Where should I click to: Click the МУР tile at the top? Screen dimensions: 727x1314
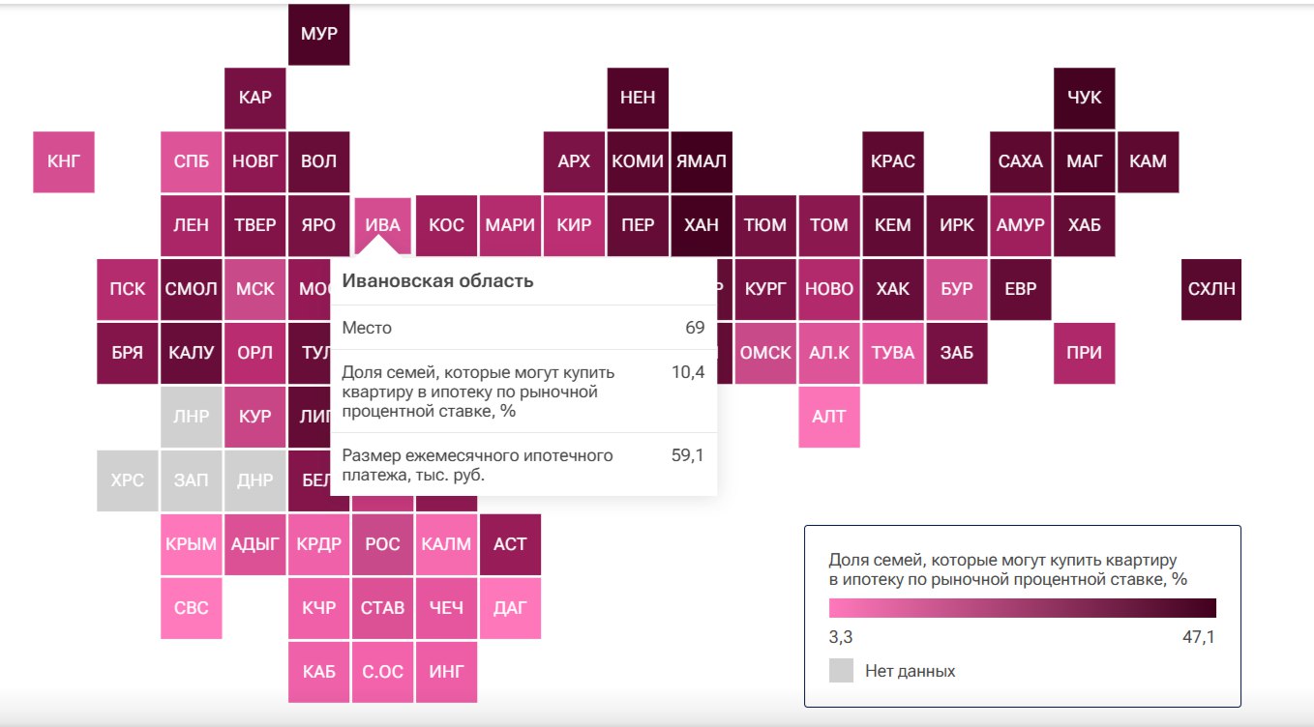pyautogui.click(x=319, y=34)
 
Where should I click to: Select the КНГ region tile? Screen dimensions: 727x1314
pyautogui.click(x=64, y=161)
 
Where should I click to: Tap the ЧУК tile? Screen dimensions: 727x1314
pyautogui.click(x=1084, y=98)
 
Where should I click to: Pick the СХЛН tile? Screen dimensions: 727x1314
pyautogui.click(x=1211, y=289)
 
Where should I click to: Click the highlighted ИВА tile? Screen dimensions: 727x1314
pyautogui.click(x=382, y=225)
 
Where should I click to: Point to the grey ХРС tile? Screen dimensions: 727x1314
pyautogui.click(x=128, y=480)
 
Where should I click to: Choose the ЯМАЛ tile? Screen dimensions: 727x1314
pyautogui.click(x=701, y=161)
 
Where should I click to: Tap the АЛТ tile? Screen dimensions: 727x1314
pyautogui.click(x=829, y=417)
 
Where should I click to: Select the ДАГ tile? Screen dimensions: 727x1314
pyautogui.click(x=510, y=608)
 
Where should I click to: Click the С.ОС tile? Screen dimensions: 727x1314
pyautogui.click(x=382, y=672)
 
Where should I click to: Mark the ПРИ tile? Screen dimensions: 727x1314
pyautogui.click(x=1084, y=353)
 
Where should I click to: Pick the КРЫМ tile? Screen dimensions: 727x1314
pyautogui.click(x=192, y=544)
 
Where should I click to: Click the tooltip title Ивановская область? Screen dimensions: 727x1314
pyautogui.click(x=437, y=281)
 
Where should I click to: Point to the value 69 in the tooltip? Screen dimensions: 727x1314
pyautogui.click(x=695, y=328)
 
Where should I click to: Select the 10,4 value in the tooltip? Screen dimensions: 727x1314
pyautogui.click(x=687, y=372)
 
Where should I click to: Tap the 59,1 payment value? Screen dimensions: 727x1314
pyautogui.click(x=687, y=455)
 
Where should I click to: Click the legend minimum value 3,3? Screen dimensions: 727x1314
pyautogui.click(x=841, y=637)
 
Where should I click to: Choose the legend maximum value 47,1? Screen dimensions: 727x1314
pyautogui.click(x=1194, y=637)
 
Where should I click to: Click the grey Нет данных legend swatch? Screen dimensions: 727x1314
pyautogui.click(x=841, y=671)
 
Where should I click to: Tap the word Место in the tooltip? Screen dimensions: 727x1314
pyautogui.click(x=367, y=328)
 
